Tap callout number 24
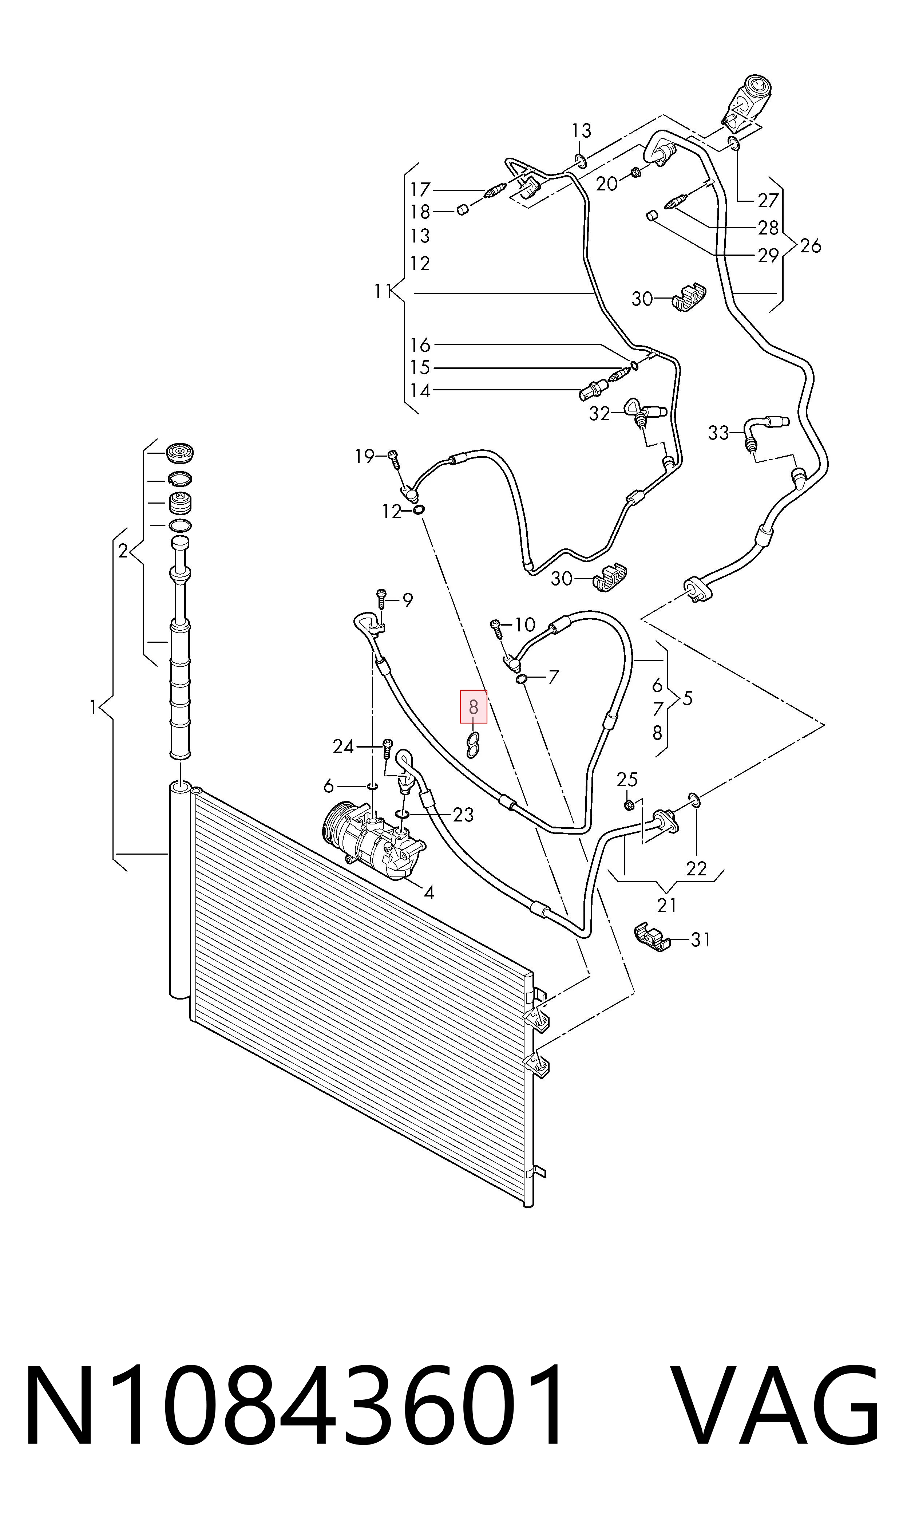343,746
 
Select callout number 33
718,433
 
